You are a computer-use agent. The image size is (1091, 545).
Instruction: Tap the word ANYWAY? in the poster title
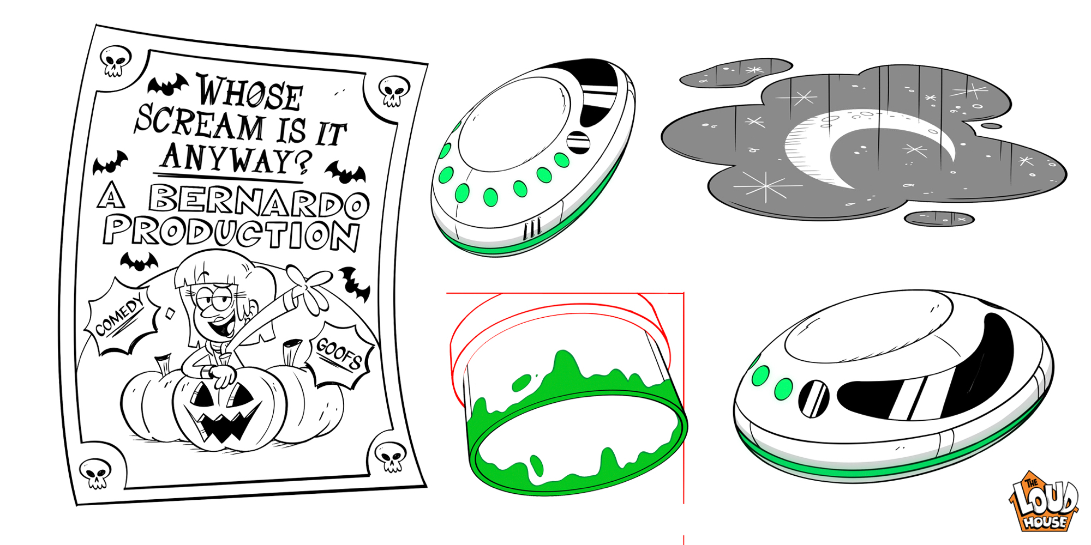236,159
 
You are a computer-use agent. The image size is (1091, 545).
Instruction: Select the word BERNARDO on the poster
259,201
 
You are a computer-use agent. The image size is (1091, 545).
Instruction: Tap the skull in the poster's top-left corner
116,60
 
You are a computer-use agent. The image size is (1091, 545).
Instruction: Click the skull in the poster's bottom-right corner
391,456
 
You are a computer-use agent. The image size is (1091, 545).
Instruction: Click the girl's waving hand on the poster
311,286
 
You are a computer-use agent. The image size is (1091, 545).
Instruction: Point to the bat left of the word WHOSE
168,85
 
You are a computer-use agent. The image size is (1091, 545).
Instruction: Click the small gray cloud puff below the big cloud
939,219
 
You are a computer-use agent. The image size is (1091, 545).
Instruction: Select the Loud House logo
1044,501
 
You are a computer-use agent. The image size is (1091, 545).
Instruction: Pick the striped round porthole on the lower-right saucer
813,398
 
